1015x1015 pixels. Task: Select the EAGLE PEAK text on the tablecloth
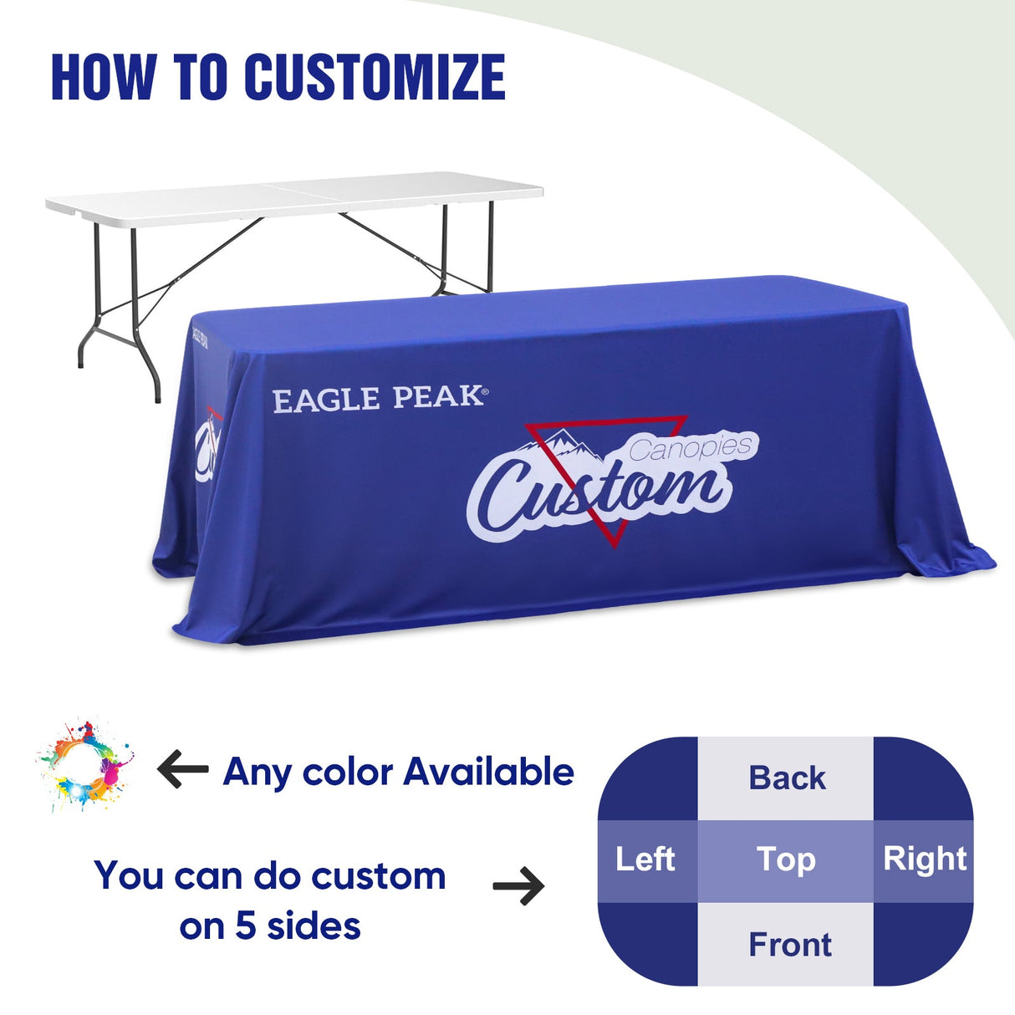point(379,399)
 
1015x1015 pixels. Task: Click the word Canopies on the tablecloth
point(691,448)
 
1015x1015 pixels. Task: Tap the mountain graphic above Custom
point(563,444)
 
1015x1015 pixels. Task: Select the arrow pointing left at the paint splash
point(183,769)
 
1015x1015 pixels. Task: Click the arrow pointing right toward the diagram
point(518,886)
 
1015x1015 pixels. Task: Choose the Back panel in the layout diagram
point(786,778)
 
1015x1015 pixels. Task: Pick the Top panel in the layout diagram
point(786,859)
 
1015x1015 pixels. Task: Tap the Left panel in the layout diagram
point(646,859)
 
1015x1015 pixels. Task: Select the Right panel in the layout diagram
point(924,859)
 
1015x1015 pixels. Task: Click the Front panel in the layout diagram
point(789,945)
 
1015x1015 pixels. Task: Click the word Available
point(489,772)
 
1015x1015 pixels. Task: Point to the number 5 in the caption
point(245,926)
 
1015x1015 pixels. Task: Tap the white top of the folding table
point(293,194)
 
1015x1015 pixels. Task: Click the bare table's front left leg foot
point(80,363)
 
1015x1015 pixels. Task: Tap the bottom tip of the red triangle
point(615,545)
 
